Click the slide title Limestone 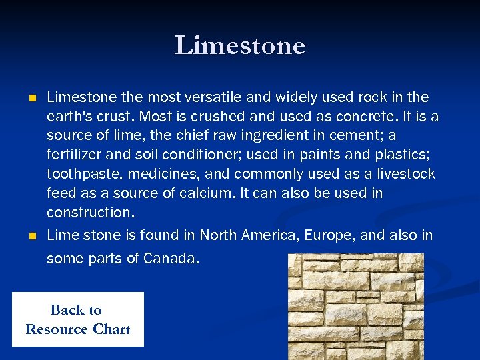pyautogui.click(x=239, y=46)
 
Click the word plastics pyautogui.click(x=409, y=155)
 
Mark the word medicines pyautogui.click(x=153, y=175)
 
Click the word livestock pyautogui.click(x=406, y=175)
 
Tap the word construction pyautogui.click(x=89, y=213)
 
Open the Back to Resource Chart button pyautogui.click(x=77, y=319)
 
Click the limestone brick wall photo pyautogui.click(x=355, y=306)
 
